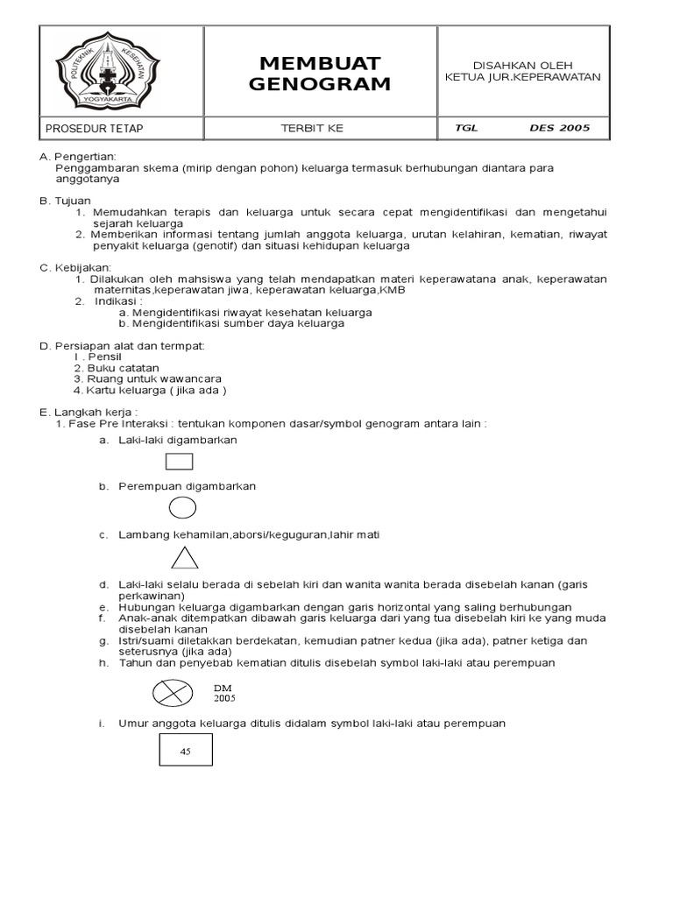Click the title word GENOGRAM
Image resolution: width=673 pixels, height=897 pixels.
click(320, 84)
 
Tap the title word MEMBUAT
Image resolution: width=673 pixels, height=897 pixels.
click(320, 64)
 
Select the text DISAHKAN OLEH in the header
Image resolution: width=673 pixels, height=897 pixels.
click(523, 65)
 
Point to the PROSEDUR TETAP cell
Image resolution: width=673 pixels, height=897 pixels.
click(94, 129)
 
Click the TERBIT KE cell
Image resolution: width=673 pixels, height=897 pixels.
click(311, 129)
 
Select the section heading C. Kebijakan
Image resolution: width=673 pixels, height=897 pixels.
click(75, 267)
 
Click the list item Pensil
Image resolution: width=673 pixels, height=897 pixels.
click(103, 357)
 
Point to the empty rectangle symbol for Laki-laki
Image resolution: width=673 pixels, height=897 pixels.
click(179, 461)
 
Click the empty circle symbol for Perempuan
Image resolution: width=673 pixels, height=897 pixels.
click(182, 507)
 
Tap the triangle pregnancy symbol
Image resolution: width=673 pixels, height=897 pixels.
click(184, 558)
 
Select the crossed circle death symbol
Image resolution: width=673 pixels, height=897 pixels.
click(173, 692)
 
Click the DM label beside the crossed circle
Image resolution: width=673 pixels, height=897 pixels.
click(222, 688)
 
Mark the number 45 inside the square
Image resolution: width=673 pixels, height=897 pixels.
click(185, 752)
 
